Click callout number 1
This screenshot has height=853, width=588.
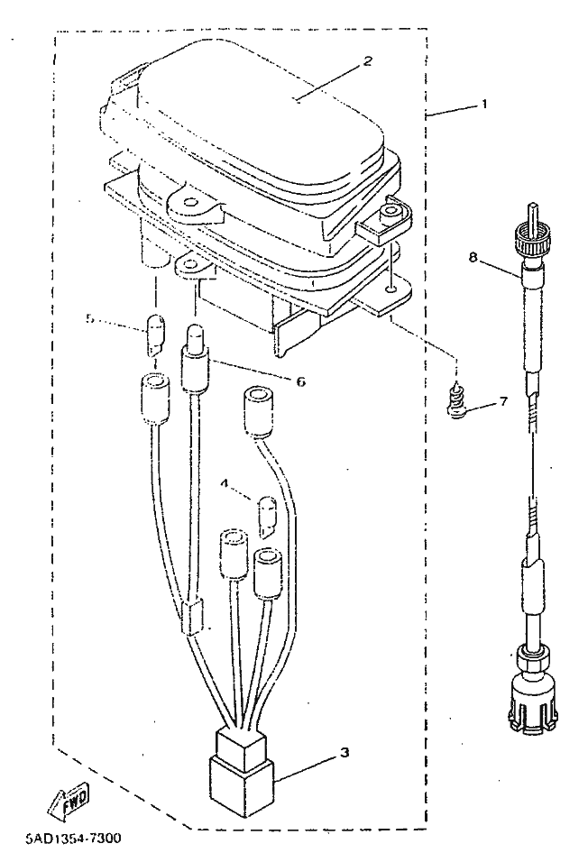[483, 104]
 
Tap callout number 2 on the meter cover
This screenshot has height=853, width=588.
[367, 61]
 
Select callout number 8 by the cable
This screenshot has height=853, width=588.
[472, 257]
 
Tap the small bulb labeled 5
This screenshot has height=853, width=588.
[154, 335]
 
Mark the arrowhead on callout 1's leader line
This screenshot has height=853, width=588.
[427, 118]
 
